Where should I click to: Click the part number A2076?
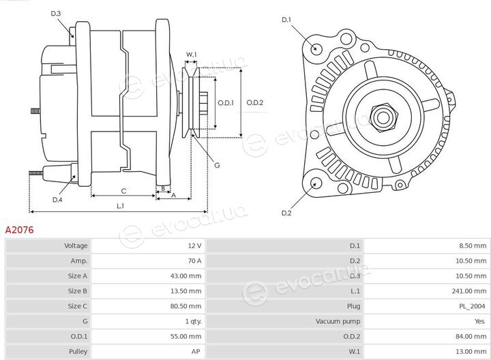(19, 230)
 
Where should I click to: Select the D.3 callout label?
(56, 14)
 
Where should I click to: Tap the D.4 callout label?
(57, 200)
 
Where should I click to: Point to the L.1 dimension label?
(120, 206)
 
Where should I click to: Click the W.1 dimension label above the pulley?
(192, 55)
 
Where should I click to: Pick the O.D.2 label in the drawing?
(255, 103)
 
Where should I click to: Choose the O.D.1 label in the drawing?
(226, 103)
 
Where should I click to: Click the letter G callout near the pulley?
(217, 165)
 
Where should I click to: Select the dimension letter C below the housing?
(123, 191)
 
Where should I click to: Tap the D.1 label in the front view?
(286, 20)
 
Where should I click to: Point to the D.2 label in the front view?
(286, 213)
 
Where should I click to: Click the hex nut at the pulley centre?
(383, 118)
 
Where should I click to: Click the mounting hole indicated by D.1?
(316, 48)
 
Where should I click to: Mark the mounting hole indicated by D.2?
(316, 183)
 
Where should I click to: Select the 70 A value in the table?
(194, 260)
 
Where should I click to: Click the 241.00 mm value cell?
(468, 291)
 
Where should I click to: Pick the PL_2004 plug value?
(472, 306)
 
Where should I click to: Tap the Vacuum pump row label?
(338, 322)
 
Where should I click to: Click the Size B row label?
(77, 291)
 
